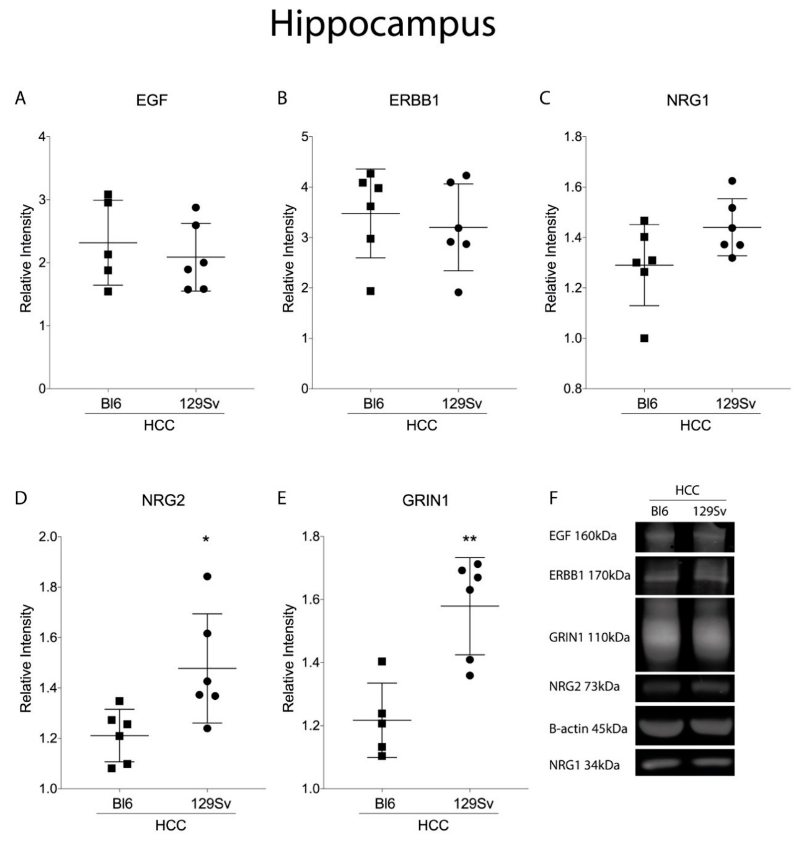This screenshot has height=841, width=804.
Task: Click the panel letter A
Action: (20, 99)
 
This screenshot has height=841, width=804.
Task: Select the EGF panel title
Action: (152, 100)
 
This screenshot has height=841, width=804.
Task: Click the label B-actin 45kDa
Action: (588, 729)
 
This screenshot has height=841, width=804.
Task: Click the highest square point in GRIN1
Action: (382, 661)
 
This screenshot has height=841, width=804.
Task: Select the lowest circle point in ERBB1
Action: (458, 293)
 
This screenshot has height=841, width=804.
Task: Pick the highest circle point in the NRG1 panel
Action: (732, 181)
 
